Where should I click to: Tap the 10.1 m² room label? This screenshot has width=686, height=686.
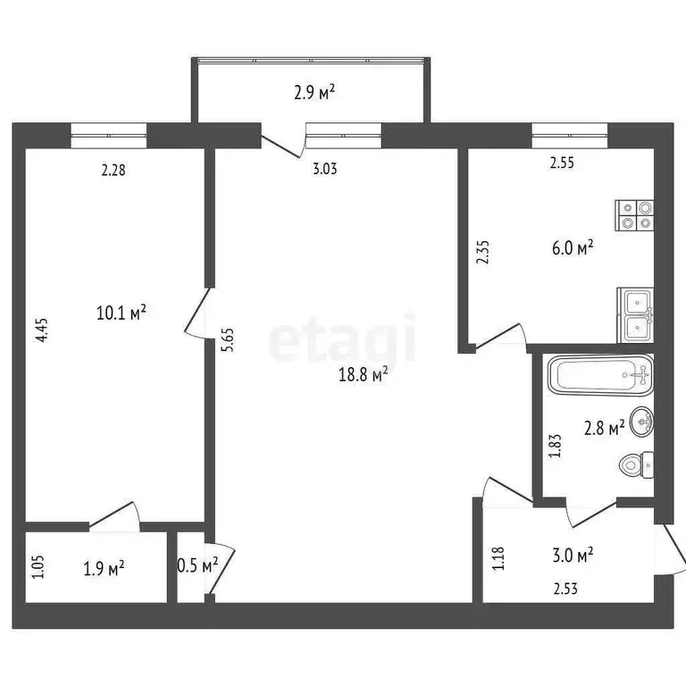tap(121, 313)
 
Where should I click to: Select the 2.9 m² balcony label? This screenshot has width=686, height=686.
tap(314, 90)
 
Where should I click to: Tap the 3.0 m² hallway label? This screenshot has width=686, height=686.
tap(573, 556)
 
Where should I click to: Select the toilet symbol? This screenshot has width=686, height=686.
tap(637, 464)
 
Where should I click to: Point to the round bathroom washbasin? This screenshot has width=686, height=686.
tap(641, 422)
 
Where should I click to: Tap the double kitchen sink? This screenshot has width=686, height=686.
tap(636, 314)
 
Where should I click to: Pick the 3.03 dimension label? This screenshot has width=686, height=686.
tap(324, 168)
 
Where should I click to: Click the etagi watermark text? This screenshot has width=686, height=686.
tap(343, 338)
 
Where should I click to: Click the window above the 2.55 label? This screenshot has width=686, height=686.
tap(569, 136)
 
